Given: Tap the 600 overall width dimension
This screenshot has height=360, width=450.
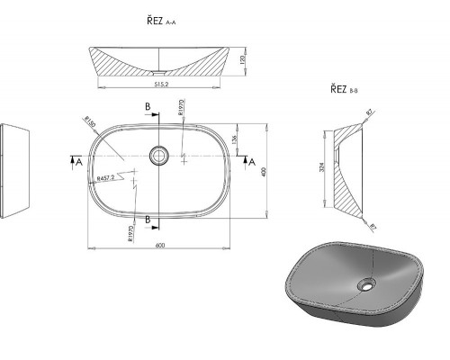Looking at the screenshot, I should [158, 247].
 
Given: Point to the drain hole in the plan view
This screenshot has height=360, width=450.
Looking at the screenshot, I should [159, 155].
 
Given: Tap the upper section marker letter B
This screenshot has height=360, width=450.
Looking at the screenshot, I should [148, 107].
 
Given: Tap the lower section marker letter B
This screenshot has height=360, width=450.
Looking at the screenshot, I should [148, 219].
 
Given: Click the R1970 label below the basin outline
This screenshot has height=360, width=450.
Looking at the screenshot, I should [131, 233].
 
